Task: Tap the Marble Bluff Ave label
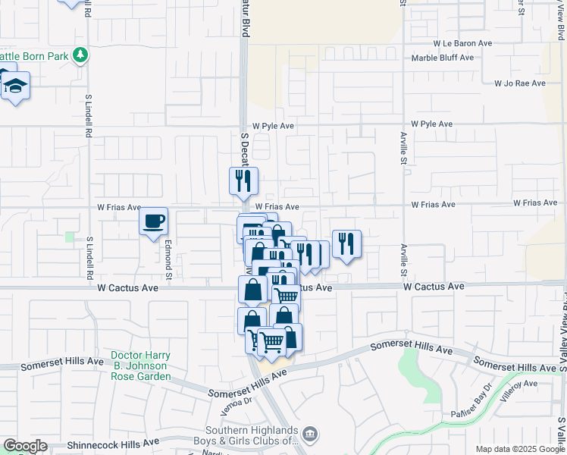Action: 443,58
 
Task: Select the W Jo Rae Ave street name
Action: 519,83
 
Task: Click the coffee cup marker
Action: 154,221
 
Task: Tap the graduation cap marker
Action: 15,86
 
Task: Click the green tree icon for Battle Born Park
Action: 80,55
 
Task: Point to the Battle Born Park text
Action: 34,56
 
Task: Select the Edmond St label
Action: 169,259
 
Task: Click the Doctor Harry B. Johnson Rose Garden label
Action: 140,366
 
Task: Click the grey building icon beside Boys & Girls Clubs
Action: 310,435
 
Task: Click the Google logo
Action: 24,446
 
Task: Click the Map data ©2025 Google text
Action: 519,449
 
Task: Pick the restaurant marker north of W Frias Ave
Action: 243,180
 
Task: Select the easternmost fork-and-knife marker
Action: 346,243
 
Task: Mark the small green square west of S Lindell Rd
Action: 70,237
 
